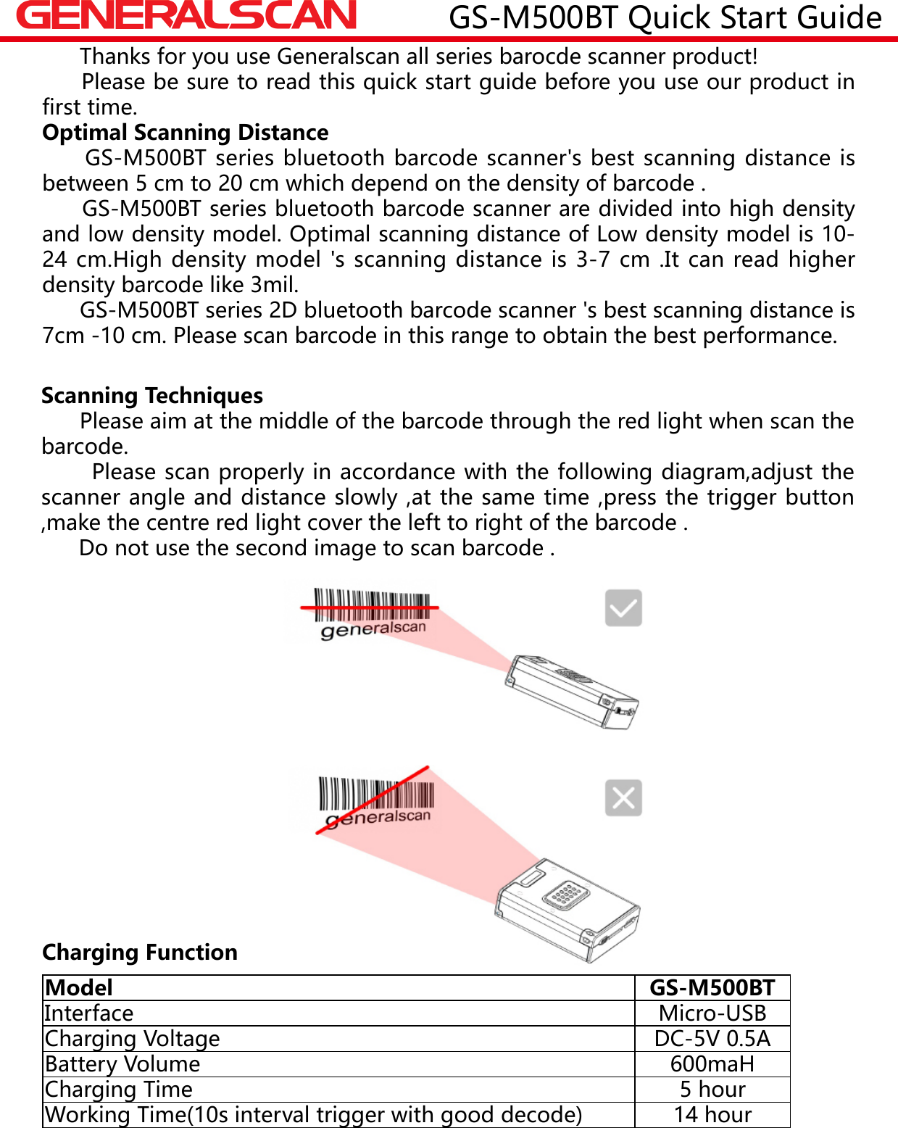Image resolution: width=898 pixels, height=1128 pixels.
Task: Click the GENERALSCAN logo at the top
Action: click(x=186, y=16)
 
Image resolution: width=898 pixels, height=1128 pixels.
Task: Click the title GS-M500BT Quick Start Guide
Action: click(x=665, y=17)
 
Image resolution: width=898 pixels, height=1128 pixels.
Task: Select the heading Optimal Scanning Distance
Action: click(x=185, y=133)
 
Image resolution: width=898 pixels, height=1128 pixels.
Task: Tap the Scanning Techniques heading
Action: click(x=152, y=396)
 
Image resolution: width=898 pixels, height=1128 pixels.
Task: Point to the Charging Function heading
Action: click(x=140, y=952)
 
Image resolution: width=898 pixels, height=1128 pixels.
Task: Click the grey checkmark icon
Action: click(x=623, y=607)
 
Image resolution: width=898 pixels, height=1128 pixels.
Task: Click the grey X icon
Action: click(x=623, y=798)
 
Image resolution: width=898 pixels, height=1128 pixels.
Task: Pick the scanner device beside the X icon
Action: click(x=568, y=909)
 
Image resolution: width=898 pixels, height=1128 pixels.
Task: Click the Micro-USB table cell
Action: click(x=712, y=1013)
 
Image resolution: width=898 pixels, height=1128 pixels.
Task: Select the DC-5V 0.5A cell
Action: click(x=712, y=1039)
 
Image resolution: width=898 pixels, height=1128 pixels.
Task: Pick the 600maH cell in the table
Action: click(x=712, y=1064)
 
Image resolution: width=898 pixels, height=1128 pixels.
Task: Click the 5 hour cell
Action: click(x=712, y=1090)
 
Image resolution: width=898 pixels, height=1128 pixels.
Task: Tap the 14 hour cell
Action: click(x=712, y=1115)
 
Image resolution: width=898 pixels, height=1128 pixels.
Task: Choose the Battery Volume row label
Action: click(x=122, y=1064)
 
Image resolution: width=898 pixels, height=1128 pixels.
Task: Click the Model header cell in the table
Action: click(x=79, y=988)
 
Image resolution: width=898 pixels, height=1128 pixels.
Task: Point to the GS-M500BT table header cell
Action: click(x=712, y=988)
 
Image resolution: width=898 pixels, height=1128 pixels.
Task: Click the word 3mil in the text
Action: click(x=273, y=285)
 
